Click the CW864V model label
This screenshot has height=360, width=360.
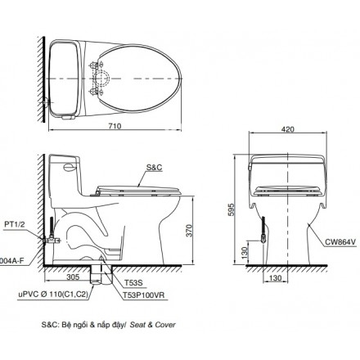click(331, 242)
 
